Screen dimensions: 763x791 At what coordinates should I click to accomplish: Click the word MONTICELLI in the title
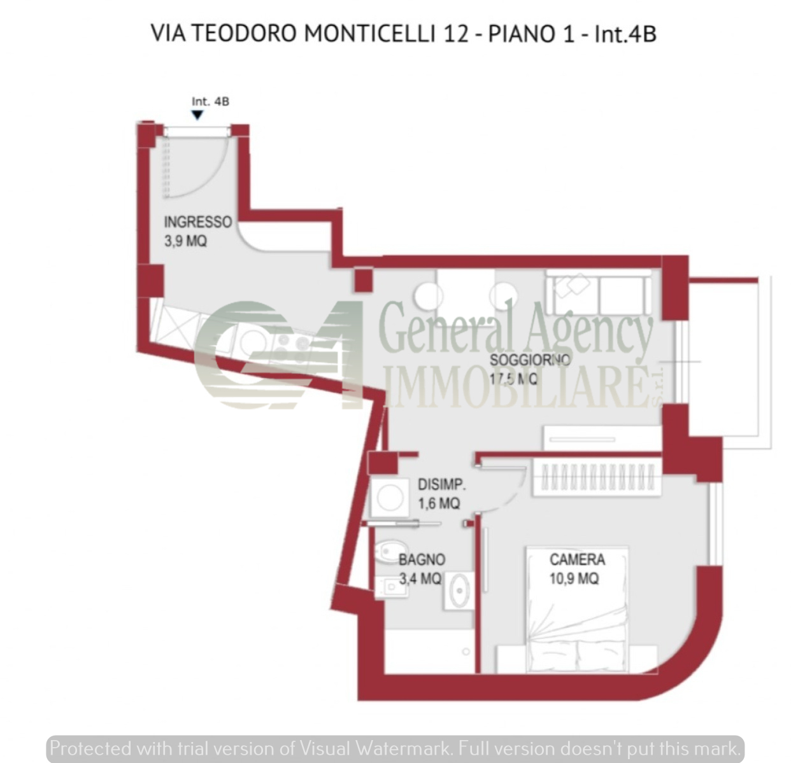tap(370, 33)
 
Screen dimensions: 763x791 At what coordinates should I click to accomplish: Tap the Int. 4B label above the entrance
tap(210, 101)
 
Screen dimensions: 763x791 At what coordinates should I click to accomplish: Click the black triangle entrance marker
tap(197, 115)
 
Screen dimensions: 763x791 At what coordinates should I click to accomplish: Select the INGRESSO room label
tap(197, 222)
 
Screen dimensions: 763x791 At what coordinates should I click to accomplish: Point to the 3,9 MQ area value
tap(185, 241)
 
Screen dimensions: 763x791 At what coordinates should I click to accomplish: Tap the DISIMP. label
tap(441, 484)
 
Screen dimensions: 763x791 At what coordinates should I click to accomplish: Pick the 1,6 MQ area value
tap(439, 503)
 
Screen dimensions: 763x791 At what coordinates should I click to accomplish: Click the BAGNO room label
tap(422, 560)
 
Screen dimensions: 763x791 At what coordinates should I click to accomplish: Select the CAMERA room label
tap(577, 560)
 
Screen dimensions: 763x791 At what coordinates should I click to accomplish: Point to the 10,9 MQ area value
tap(574, 578)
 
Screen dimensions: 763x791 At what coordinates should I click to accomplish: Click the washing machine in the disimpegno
tap(390, 497)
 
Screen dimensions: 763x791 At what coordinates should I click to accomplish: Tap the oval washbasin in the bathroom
tap(459, 591)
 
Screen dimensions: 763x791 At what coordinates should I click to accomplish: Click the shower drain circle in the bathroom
tap(466, 652)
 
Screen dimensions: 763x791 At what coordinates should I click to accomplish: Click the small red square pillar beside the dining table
tap(363, 280)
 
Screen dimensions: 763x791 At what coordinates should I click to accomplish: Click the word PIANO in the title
tap(522, 33)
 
